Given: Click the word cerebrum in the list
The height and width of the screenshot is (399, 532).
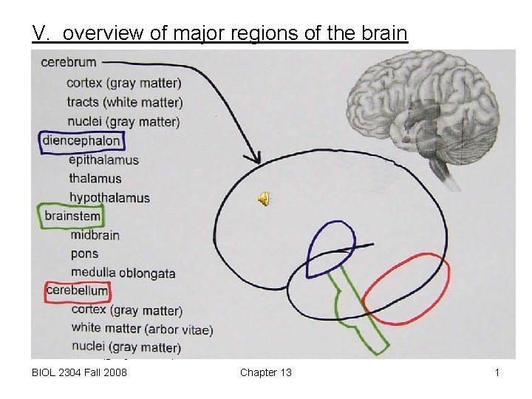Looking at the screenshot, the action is (69, 62).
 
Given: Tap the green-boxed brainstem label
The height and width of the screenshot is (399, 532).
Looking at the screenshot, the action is (72, 216).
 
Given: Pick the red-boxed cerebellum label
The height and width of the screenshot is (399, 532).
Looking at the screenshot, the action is (77, 291).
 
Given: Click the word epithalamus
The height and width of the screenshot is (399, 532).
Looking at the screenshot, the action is (103, 160).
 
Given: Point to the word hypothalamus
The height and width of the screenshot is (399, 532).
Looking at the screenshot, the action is (109, 197).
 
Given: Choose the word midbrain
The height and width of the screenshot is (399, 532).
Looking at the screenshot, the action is (95, 235).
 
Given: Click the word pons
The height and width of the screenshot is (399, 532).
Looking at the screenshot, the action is (85, 254).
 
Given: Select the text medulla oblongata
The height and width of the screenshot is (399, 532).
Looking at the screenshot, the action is (123, 273).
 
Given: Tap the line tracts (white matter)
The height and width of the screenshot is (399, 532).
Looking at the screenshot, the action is (124, 102).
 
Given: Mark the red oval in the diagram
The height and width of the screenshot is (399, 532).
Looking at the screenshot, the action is (406, 289).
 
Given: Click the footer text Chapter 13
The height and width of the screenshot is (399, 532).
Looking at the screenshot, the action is (265, 372).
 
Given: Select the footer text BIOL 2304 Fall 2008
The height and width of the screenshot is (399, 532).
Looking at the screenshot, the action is (80, 372).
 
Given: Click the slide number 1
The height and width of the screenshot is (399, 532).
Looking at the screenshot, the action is (497, 372).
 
